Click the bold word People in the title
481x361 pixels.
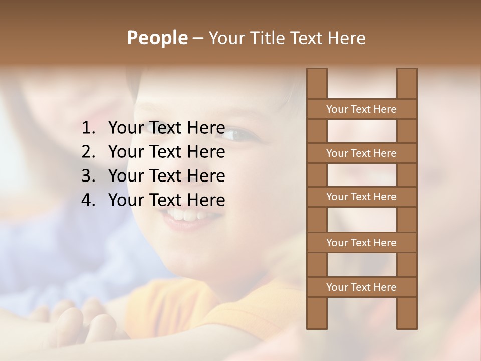point(157,38)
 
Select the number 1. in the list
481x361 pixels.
point(90,128)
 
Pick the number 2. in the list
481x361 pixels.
point(90,152)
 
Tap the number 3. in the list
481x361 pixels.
point(90,176)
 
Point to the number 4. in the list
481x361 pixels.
point(90,200)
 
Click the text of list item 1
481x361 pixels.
point(166,128)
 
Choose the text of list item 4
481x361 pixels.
point(166,200)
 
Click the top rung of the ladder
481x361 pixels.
point(361,109)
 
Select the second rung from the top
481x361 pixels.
point(361,153)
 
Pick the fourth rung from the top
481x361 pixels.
point(361,243)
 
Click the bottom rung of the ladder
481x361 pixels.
point(361,287)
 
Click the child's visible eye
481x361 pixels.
point(239,134)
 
